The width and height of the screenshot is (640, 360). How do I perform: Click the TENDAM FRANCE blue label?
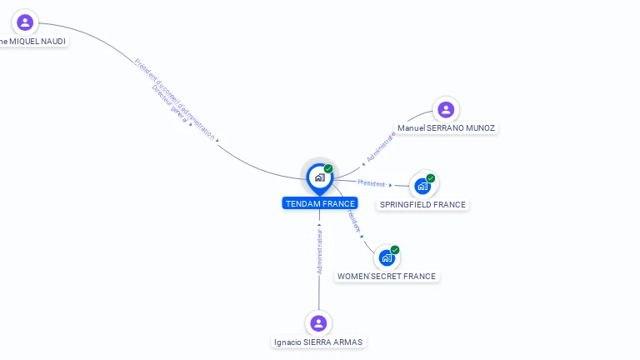coord(319,203)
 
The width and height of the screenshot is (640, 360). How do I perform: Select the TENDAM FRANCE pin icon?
coord(319,177)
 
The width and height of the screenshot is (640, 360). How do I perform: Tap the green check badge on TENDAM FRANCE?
coord(328,168)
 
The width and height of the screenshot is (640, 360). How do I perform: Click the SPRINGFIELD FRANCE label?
coord(422,204)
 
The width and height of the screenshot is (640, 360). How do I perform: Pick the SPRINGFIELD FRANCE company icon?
coord(422,186)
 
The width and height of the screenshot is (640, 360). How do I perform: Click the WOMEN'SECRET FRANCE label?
coord(386,276)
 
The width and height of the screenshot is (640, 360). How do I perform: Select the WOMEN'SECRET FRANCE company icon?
coord(386,257)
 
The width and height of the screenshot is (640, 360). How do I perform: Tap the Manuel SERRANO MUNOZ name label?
coord(446,128)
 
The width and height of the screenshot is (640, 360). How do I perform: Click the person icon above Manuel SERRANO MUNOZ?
coord(446,109)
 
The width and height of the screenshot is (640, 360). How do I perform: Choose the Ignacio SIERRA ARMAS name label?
coord(318,342)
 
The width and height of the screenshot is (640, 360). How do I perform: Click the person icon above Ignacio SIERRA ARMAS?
coord(317,322)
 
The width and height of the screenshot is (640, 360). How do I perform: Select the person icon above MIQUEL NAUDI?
coord(25,22)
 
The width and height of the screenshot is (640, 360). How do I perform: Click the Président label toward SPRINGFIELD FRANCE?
coord(372,183)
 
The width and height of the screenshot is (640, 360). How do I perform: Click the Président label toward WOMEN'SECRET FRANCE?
coord(352,220)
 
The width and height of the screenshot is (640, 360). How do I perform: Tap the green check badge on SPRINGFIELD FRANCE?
coord(431,177)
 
